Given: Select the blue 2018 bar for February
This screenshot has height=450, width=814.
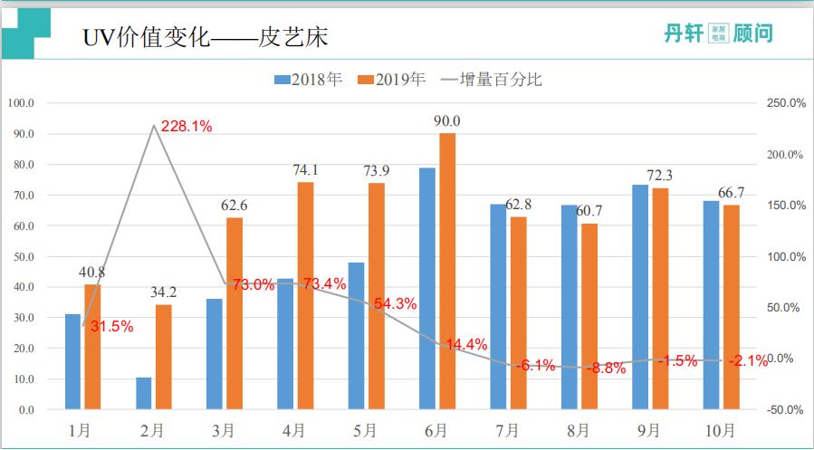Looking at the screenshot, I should point(144,393).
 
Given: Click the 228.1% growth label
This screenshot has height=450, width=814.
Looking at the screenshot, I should point(187,127).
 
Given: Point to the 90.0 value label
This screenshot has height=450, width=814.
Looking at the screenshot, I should point(447,121).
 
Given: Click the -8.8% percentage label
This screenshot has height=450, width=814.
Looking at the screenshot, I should point(606,369).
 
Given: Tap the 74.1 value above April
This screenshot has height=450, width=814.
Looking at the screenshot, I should point(305,170).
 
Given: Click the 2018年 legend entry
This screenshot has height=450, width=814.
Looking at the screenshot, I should point(308,80).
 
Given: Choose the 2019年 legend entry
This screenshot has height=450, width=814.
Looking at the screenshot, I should point(392,80).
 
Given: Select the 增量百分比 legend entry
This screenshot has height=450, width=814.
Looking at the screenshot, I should point(490,80).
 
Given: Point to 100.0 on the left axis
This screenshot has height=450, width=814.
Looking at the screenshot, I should point(20,103).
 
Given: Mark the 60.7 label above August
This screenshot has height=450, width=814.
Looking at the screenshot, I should point(589,211).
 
